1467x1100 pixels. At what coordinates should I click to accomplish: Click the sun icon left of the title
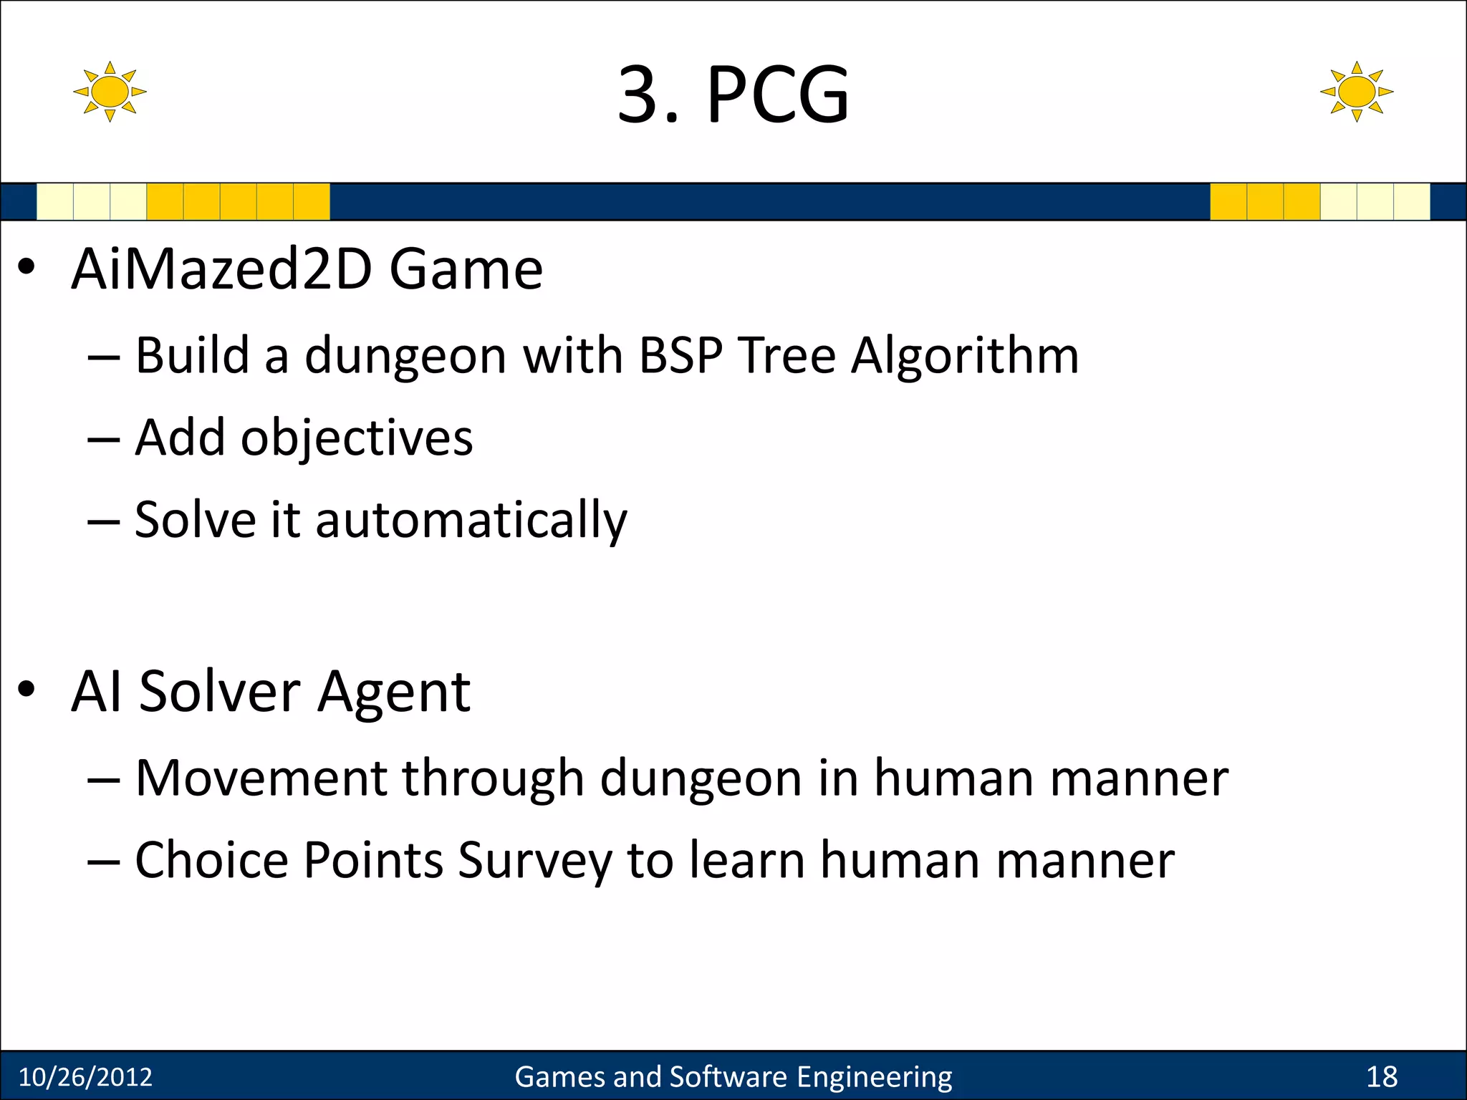pyautogui.click(x=110, y=92)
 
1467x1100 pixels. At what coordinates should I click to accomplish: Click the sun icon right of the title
pyautogui.click(x=1356, y=92)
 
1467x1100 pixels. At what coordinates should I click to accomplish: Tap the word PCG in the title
pyautogui.click(x=778, y=95)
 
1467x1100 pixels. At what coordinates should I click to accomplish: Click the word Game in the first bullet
pyautogui.click(x=466, y=269)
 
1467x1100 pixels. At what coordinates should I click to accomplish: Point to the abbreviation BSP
pyautogui.click(x=680, y=355)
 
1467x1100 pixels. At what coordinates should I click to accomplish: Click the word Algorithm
pyautogui.click(x=965, y=357)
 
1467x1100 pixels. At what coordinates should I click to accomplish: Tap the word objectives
pyautogui.click(x=357, y=438)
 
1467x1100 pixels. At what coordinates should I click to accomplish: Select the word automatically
pyautogui.click(x=471, y=521)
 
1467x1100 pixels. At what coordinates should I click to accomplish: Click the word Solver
pyautogui.click(x=220, y=692)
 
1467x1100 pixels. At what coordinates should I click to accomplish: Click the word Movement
pyautogui.click(x=261, y=778)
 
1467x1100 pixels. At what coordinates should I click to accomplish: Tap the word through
pyautogui.click(x=493, y=779)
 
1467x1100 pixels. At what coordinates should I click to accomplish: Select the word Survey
pyautogui.click(x=534, y=861)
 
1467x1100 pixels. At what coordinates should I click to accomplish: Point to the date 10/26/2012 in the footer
pyautogui.click(x=85, y=1077)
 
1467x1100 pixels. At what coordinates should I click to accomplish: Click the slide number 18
pyautogui.click(x=1382, y=1077)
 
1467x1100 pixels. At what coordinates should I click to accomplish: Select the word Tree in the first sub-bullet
pyautogui.click(x=787, y=355)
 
